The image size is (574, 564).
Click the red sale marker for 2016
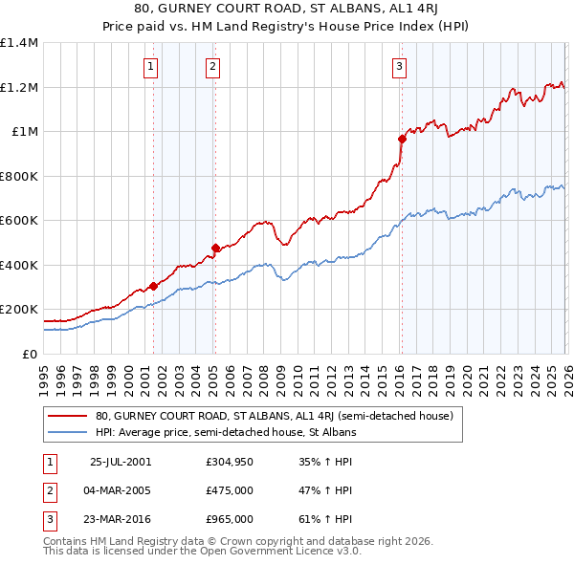(x=402, y=139)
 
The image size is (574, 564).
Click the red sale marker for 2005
(x=215, y=248)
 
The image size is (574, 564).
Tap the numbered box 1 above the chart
(x=152, y=67)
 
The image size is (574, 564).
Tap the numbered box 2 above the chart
(x=212, y=67)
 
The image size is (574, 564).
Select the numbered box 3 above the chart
(x=399, y=67)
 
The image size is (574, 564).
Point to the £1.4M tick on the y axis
(x=19, y=43)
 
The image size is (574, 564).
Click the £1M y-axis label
(x=23, y=132)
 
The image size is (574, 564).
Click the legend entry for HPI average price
(x=225, y=432)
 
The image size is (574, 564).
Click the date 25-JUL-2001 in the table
(x=120, y=461)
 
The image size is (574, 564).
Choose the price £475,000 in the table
(x=229, y=490)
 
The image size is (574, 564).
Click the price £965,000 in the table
(x=229, y=519)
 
